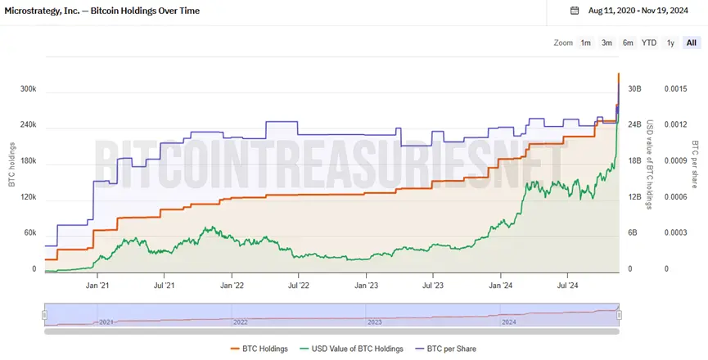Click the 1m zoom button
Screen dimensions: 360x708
point(586,43)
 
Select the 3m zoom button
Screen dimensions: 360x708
point(607,43)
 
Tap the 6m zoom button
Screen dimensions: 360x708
point(628,43)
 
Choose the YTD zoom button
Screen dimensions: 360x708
point(649,43)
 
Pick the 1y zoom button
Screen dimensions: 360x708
point(670,43)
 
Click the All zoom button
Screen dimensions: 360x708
point(692,43)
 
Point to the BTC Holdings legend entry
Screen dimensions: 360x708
point(259,349)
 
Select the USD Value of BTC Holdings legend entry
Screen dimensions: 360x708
point(354,349)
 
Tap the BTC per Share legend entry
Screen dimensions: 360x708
point(445,349)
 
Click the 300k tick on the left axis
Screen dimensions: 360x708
point(28,88)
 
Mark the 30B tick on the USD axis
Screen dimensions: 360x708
point(634,88)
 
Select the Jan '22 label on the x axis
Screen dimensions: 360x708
point(232,286)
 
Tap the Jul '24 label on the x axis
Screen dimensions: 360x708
point(568,286)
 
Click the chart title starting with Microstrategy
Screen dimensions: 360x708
point(102,11)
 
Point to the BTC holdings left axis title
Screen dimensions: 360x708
point(11,163)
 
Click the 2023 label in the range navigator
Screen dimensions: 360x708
point(374,322)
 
